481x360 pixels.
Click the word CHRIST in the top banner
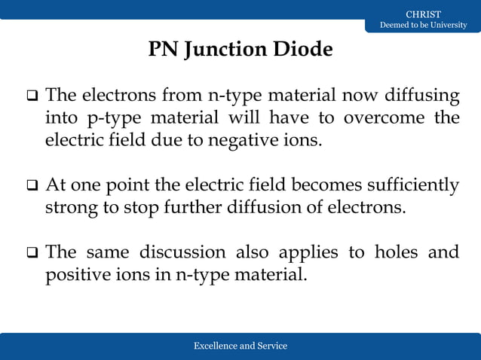423,14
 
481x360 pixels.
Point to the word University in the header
446,26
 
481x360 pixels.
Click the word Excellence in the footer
214,346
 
